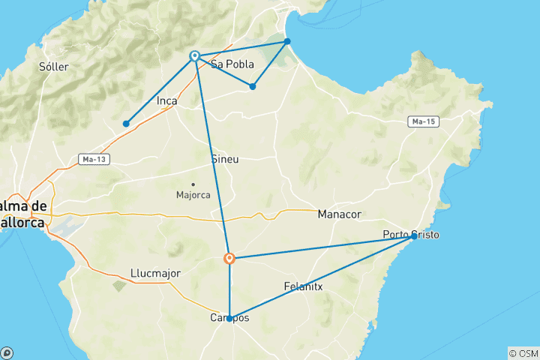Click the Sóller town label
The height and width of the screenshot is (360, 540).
(x=53, y=67)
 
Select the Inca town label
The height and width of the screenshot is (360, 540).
(x=166, y=100)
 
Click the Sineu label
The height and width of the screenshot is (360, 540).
(x=226, y=160)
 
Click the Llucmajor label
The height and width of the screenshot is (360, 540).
(x=155, y=273)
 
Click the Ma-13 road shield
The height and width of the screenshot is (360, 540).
(x=89, y=159)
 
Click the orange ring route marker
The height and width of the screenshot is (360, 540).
(x=229, y=259)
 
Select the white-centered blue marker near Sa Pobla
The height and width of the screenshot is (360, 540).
(x=195, y=55)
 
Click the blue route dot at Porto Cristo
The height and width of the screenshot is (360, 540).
(x=414, y=236)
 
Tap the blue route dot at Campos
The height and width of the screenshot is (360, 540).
(x=229, y=318)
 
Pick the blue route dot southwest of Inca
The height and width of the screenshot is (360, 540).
(x=127, y=124)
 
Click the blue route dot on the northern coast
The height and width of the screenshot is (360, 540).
(x=287, y=41)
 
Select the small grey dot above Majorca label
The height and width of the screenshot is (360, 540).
(x=193, y=184)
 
